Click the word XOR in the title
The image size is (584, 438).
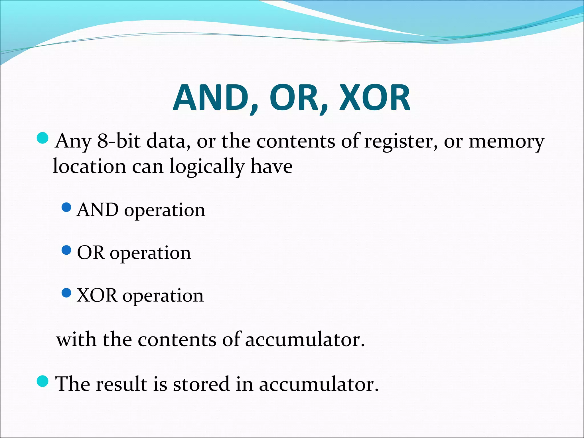375,98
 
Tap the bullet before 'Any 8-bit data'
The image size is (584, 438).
43,138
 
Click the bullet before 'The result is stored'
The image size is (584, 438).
43,382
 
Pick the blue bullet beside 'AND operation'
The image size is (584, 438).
66,207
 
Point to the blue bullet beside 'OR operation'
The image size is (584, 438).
66,250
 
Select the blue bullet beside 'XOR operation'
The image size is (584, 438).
66,293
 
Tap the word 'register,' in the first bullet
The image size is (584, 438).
401,141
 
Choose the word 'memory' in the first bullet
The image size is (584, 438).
506,141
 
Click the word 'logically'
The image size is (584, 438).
207,167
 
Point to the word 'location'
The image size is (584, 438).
89,167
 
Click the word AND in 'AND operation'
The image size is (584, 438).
98,210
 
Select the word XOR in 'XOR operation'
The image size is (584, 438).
97,296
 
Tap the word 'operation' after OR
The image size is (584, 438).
150,253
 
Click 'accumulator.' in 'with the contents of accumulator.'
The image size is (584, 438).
305,340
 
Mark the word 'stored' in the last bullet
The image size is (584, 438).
201,384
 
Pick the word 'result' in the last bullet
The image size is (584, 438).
121,384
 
